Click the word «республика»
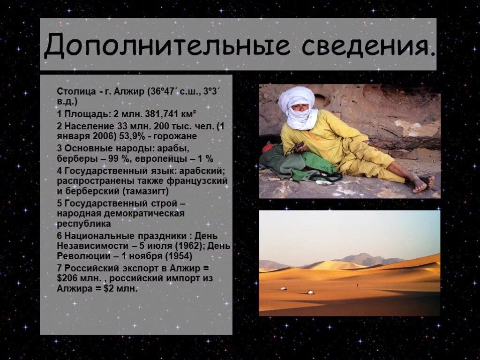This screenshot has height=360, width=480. click(x=84, y=224)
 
